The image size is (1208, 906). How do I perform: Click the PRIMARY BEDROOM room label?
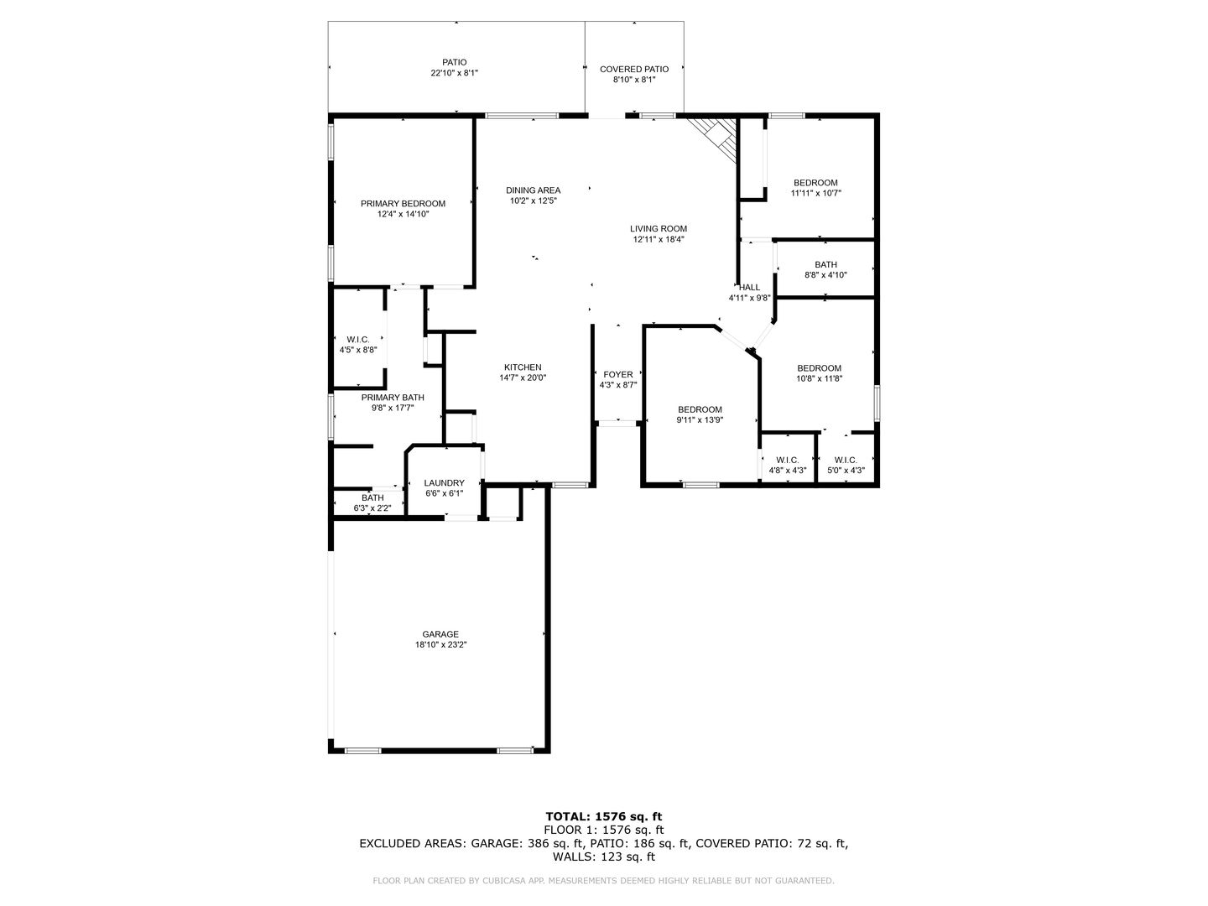403,204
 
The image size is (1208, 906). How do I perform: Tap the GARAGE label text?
440,634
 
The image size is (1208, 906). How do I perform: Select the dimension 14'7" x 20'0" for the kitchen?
523,377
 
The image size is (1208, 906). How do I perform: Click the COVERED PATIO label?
634,70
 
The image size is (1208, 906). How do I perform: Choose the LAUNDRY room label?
444,483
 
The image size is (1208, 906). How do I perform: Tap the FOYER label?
618,375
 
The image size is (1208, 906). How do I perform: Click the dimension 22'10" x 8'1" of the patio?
454,73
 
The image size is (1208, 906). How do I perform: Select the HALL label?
749,287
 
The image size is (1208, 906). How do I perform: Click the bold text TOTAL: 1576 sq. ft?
604,816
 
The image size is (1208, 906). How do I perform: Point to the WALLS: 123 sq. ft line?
604,857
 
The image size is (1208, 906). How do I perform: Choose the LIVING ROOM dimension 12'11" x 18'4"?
659,239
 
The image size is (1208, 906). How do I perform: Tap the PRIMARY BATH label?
393,397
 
